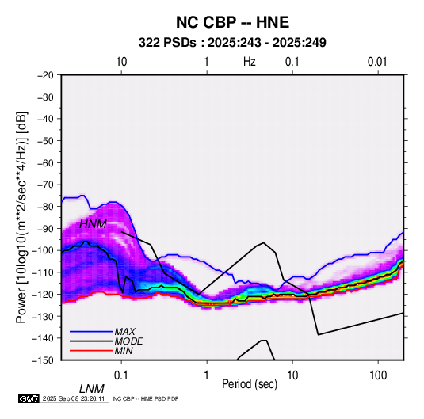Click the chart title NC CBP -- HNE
(x=232, y=22)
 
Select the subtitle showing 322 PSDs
(x=232, y=43)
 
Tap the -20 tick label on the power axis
(x=45, y=75)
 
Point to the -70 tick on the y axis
(x=45, y=185)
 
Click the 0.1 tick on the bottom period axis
(x=121, y=375)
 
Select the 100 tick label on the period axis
(x=378, y=375)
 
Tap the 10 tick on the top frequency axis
(x=121, y=62)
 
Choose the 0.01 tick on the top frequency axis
(x=377, y=62)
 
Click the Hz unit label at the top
(x=250, y=62)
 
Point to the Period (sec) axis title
(x=250, y=384)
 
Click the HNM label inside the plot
(x=93, y=224)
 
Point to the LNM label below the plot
(x=91, y=389)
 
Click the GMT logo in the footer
(x=29, y=398)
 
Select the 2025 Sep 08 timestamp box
(x=74, y=398)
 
